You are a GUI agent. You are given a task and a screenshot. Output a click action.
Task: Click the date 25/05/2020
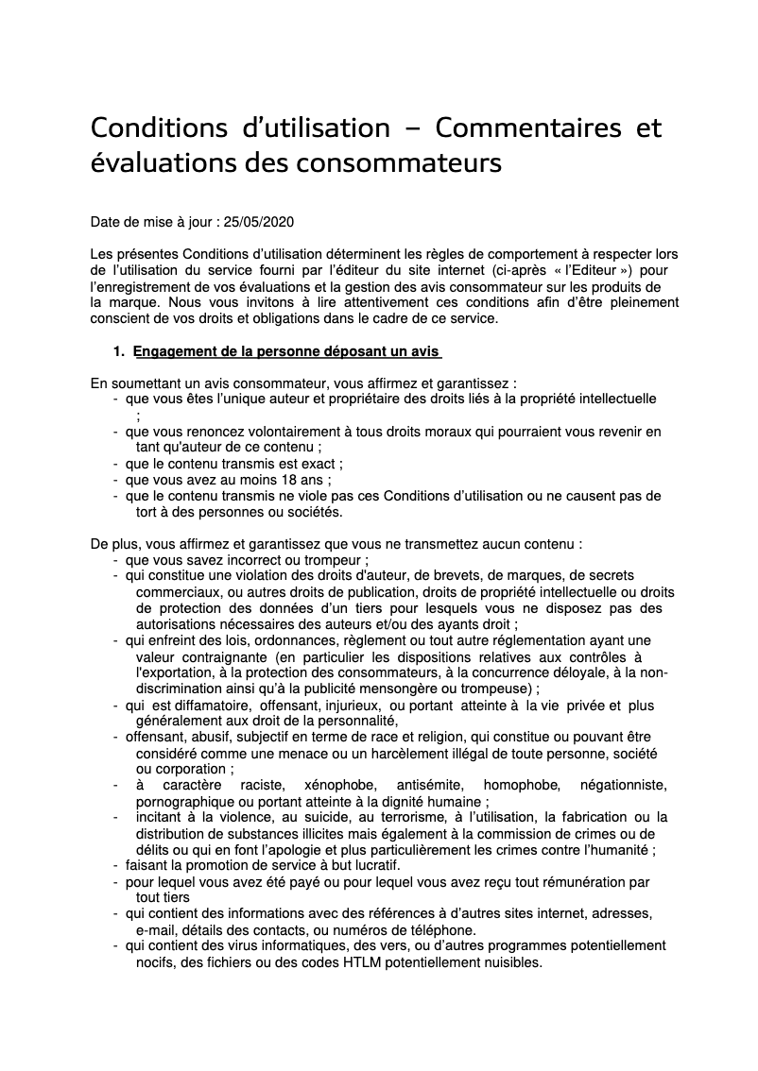click(x=257, y=223)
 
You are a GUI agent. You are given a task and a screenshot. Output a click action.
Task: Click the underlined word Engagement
click(x=175, y=352)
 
